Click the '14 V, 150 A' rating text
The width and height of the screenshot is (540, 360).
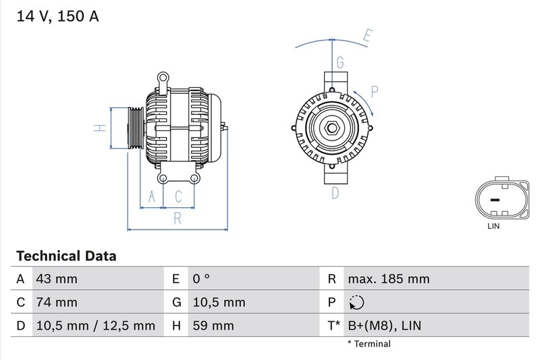57,16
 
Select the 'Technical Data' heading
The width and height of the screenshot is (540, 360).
66,256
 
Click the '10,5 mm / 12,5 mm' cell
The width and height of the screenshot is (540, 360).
95,326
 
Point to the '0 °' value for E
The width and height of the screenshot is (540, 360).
202,279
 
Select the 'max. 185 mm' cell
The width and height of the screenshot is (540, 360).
388,279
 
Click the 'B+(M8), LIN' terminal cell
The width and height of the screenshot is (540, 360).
384,326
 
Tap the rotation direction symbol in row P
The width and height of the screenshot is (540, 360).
356,303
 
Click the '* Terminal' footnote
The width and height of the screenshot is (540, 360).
369,344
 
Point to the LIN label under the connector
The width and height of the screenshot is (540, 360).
493,226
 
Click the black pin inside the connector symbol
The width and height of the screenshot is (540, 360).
494,200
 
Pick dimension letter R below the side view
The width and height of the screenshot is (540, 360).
178,217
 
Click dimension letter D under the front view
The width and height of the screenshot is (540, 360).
335,193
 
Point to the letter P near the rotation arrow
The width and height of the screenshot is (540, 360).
375,92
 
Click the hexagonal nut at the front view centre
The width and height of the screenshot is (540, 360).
332,128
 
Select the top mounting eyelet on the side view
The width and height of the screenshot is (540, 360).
162,78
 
